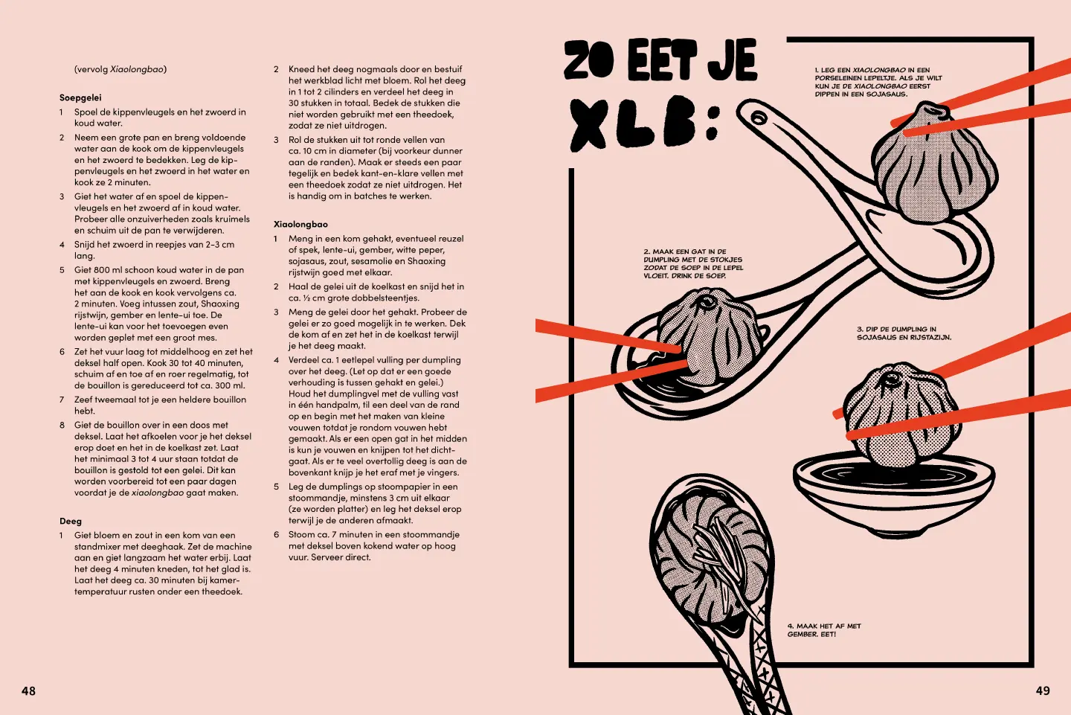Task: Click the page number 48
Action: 28,690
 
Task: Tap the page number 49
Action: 1043,690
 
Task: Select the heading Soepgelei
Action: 80,97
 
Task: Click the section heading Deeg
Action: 71,521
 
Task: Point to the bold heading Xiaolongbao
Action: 300,224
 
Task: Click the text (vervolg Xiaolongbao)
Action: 120,69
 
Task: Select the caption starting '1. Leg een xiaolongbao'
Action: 878,82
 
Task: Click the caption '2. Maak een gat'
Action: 692,263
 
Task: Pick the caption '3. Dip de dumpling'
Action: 903,333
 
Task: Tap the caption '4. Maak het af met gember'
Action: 823,629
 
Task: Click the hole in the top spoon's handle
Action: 758,118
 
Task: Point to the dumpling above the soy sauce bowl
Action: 900,413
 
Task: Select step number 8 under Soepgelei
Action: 62,426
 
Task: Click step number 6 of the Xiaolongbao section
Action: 276,535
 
